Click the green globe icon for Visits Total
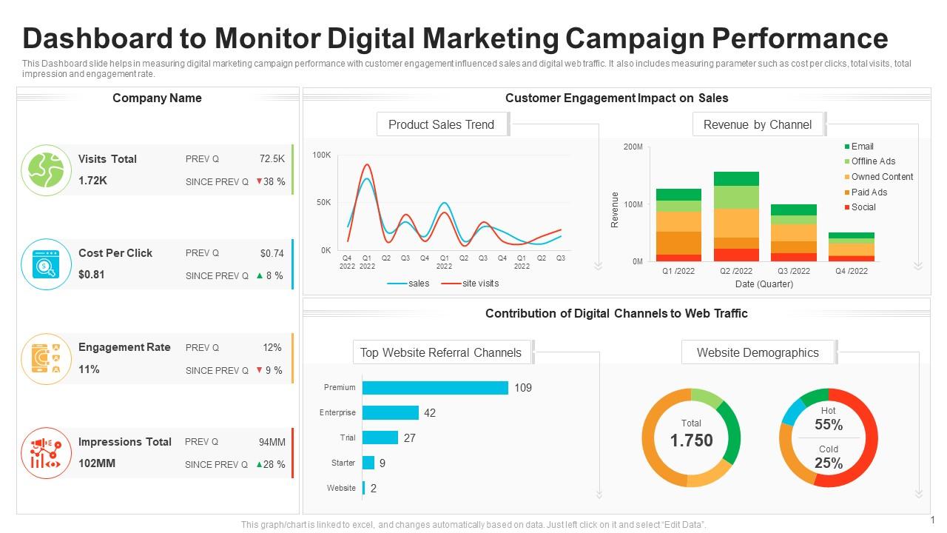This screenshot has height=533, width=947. coord(46,170)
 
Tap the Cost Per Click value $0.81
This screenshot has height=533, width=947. coord(92,275)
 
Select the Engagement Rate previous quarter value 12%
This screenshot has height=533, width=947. coord(272,347)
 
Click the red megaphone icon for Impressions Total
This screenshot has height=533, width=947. coord(46,453)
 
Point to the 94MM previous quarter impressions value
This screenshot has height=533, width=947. coord(272,442)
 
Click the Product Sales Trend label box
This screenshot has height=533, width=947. coord(442,124)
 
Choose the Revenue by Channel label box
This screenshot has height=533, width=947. coord(758,124)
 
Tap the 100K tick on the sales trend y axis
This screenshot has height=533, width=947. coord(322,155)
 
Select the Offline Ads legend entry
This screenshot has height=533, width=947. coord(872,161)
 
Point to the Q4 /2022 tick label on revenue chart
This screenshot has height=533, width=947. coord(851,271)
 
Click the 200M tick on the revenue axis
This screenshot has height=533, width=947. coord(633,147)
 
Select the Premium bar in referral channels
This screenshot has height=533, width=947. coord(435,388)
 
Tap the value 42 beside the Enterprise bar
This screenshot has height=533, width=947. coord(430,413)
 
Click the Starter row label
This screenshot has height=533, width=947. coord(343,463)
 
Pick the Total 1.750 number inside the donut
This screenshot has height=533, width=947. coord(691,440)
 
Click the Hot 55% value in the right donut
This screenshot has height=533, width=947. coord(829,425)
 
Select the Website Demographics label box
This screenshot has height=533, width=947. coord(758,352)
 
